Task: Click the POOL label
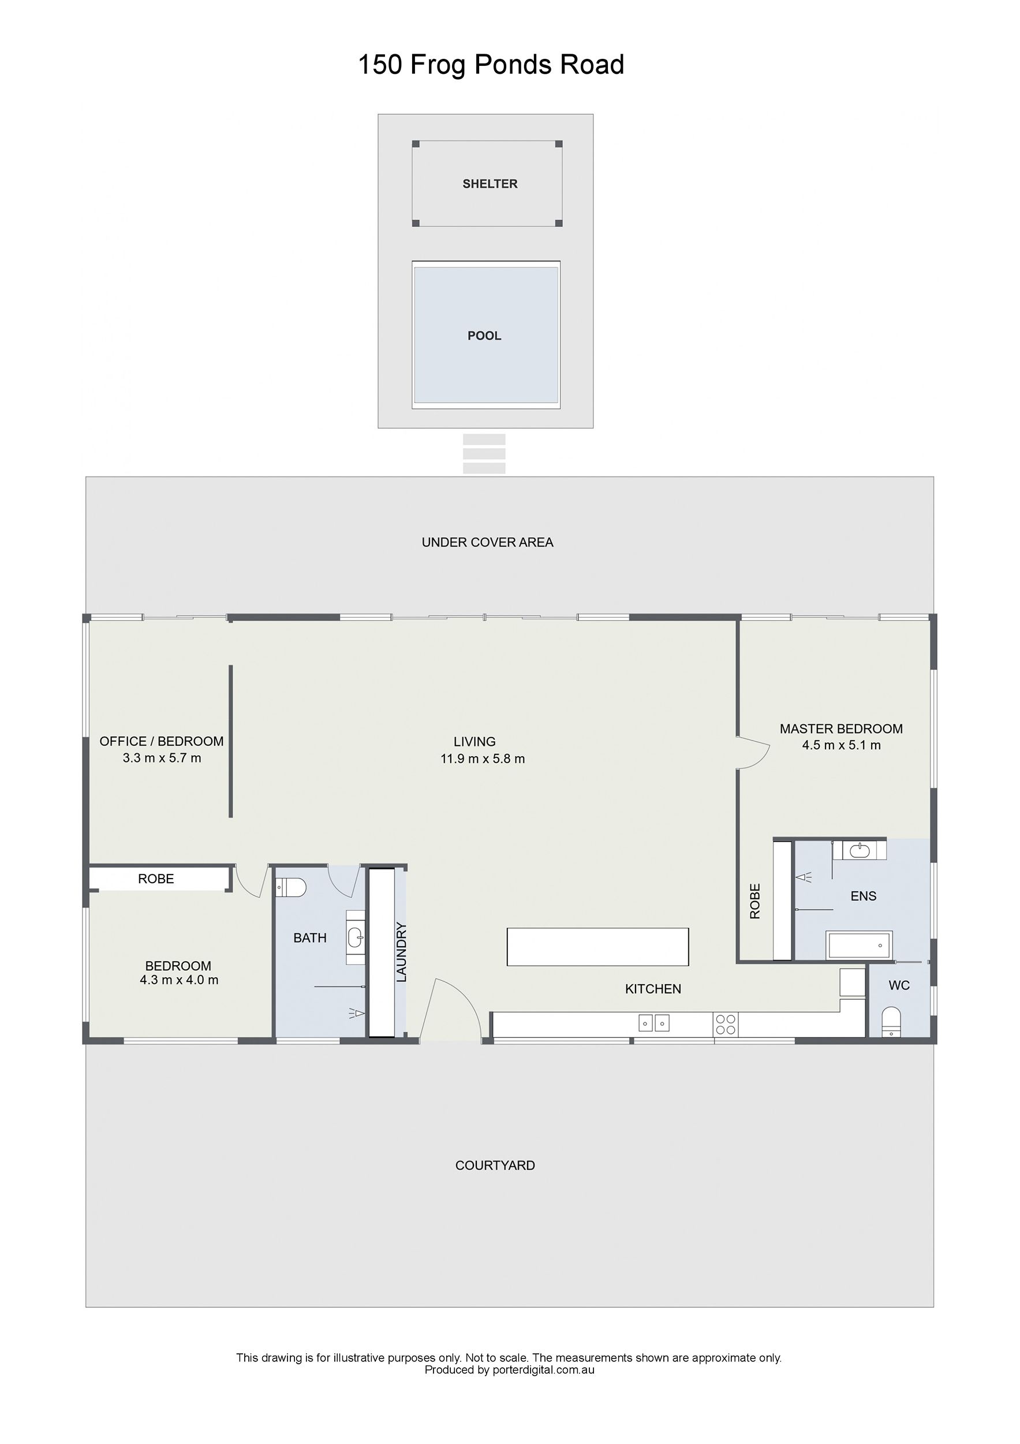click(x=484, y=336)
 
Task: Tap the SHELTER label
click(x=490, y=184)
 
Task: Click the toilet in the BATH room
click(x=291, y=887)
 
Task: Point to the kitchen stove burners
click(x=725, y=1025)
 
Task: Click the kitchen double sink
click(x=654, y=1024)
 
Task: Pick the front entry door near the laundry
click(x=451, y=1010)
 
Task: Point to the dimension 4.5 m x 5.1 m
click(x=842, y=745)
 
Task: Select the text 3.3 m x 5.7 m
click(x=162, y=758)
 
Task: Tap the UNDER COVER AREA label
click(x=488, y=542)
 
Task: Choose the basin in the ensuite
click(x=860, y=851)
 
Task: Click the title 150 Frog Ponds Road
click(x=491, y=65)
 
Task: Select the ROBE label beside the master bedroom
click(x=756, y=901)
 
